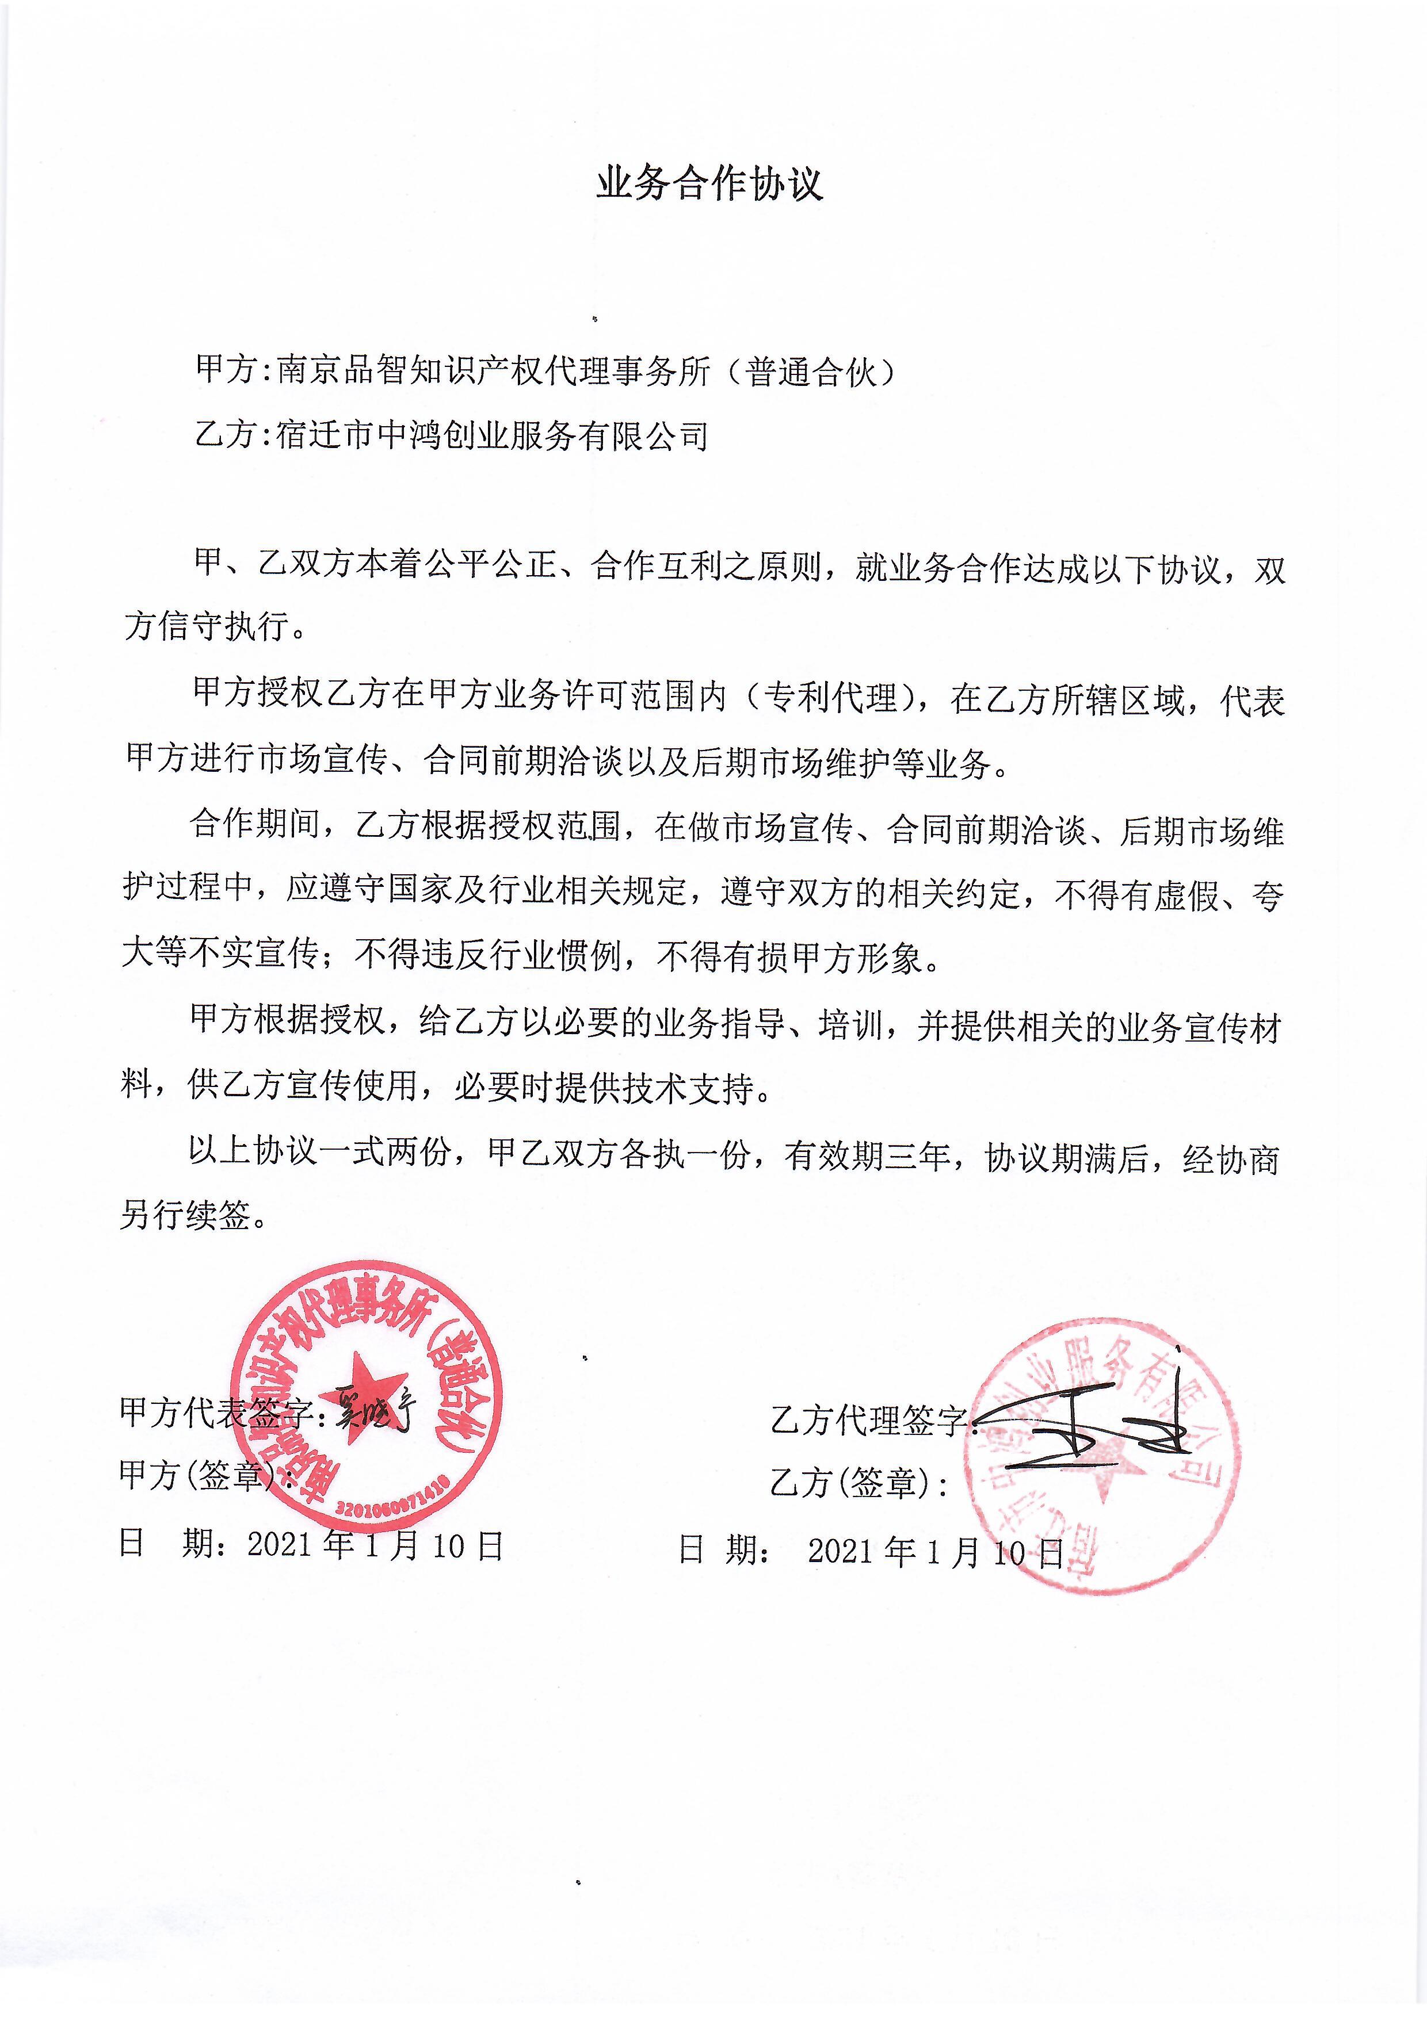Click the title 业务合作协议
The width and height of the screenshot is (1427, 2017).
pos(710,185)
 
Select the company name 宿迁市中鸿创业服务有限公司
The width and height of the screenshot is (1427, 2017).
pos(492,436)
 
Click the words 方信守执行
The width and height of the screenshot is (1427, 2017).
pos(207,626)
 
